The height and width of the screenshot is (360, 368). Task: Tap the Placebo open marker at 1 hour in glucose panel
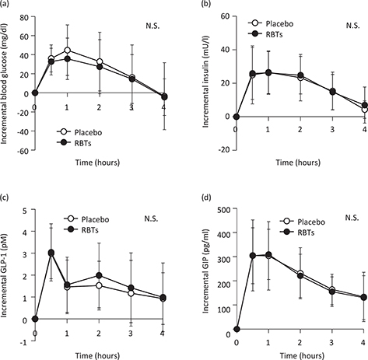(68, 51)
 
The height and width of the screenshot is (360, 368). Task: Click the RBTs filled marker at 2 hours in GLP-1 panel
(99, 275)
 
